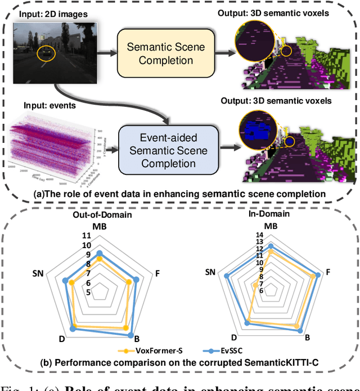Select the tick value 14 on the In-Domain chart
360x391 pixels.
click(260, 236)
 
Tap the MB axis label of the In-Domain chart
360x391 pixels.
click(271, 226)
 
